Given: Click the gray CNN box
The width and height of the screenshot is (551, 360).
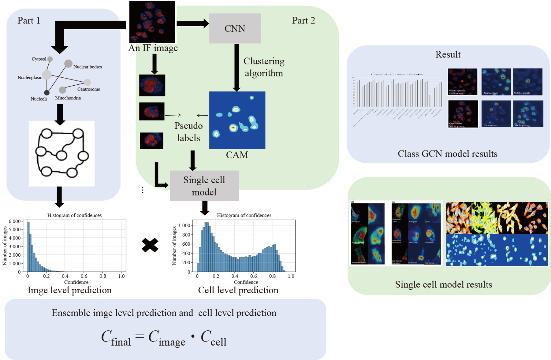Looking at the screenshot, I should (x=235, y=29).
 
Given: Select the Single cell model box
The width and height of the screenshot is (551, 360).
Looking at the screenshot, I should (x=204, y=186).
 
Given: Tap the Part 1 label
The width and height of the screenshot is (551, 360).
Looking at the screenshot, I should (x=29, y=21).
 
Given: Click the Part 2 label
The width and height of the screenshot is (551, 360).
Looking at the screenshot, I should (x=303, y=21).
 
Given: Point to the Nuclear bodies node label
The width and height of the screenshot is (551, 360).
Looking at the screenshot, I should (x=87, y=67).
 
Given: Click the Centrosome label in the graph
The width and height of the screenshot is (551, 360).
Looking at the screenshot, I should (x=89, y=89).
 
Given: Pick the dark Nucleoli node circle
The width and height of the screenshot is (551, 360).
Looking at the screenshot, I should (x=46, y=93).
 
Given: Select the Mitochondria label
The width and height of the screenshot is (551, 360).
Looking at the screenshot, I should (x=68, y=98).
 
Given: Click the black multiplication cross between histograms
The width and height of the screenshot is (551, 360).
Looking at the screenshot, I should (x=150, y=245).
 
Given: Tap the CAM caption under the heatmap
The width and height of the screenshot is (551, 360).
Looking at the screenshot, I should (x=237, y=155).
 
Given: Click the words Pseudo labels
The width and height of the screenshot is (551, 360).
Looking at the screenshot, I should (x=188, y=132).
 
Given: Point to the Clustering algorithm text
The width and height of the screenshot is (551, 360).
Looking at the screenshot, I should (x=264, y=67).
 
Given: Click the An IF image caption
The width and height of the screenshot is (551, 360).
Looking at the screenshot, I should (x=153, y=48).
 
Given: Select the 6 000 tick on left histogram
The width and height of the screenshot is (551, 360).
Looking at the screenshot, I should (x=14, y=221).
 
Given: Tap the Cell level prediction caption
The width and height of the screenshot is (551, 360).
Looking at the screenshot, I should (x=238, y=290).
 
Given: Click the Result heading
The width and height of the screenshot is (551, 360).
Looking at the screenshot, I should (x=448, y=54).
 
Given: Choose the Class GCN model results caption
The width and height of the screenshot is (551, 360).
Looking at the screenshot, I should (x=447, y=154).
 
